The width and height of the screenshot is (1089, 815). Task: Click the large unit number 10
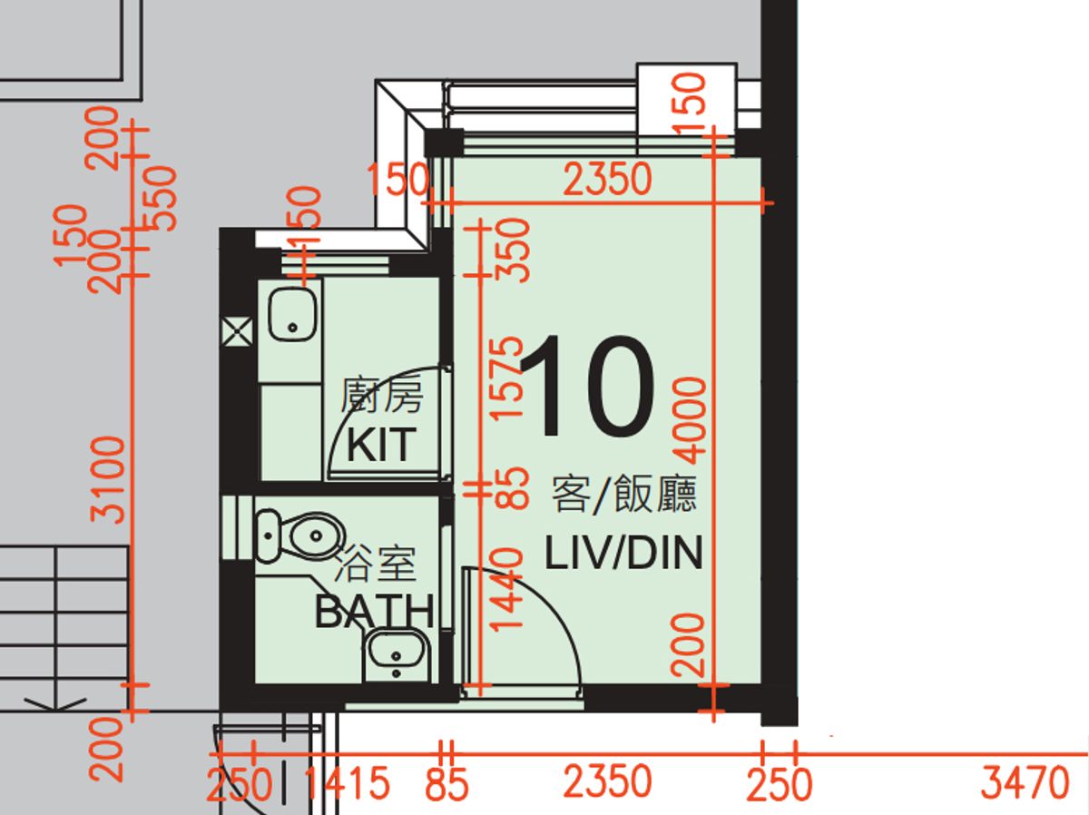click(588, 386)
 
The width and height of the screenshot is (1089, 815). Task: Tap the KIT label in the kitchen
click(381, 445)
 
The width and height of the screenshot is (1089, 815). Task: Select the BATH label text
click(375, 611)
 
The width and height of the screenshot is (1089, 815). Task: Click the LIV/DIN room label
click(623, 552)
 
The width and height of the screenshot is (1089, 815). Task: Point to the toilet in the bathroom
click(299, 535)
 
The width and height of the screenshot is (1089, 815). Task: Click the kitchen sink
click(293, 316)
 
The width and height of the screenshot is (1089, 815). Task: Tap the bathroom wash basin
click(396, 654)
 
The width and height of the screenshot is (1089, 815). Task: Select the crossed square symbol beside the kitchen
click(237, 332)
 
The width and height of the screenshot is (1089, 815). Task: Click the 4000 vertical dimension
click(690, 420)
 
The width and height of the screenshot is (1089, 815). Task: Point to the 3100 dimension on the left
click(108, 480)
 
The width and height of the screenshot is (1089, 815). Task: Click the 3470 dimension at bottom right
click(1025, 782)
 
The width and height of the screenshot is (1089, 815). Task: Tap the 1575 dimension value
click(507, 379)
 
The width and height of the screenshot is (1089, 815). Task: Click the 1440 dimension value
click(507, 590)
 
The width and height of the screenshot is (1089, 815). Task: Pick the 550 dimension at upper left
click(160, 199)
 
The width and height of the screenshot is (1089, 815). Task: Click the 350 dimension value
click(514, 251)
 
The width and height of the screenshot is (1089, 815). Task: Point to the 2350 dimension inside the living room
click(607, 179)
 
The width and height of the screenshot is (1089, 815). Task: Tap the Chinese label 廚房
click(382, 395)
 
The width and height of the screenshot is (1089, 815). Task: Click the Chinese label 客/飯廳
click(624, 494)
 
